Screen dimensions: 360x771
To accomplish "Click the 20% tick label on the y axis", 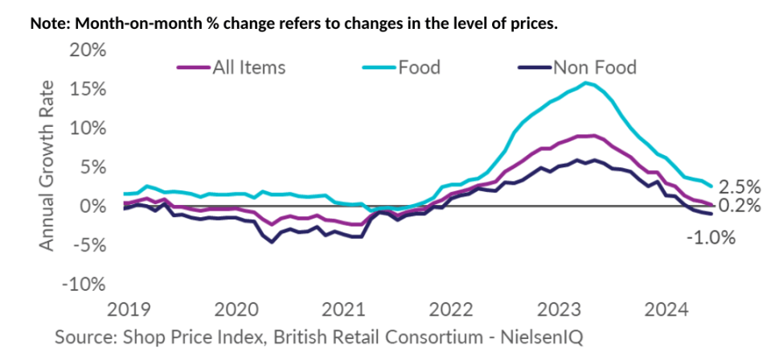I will click(x=86, y=50).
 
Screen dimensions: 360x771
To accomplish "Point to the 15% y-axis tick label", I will click(x=86, y=88).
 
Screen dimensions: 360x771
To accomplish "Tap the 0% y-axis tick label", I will click(x=91, y=207).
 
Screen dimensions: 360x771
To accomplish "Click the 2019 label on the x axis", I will click(x=127, y=308).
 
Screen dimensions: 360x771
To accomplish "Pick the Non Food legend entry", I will click(x=594, y=67).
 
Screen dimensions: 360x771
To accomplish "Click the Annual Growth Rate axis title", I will click(x=47, y=165).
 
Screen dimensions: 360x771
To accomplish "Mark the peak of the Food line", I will click(x=587, y=83).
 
